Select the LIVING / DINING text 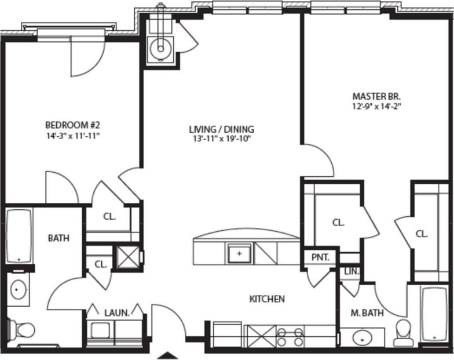pyautogui.click(x=222, y=129)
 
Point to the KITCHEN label pyautogui.click(x=266, y=299)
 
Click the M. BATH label pyautogui.click(x=367, y=314)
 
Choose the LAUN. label pyautogui.click(x=116, y=312)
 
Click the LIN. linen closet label pyautogui.click(x=351, y=271)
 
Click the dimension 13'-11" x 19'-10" pyautogui.click(x=222, y=139)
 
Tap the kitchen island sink pyautogui.click(x=239, y=253)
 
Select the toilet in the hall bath pyautogui.click(x=23, y=330)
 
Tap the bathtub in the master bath pyautogui.click(x=434, y=314)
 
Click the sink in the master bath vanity pyautogui.click(x=363, y=336)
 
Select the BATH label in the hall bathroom pyautogui.click(x=58, y=238)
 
